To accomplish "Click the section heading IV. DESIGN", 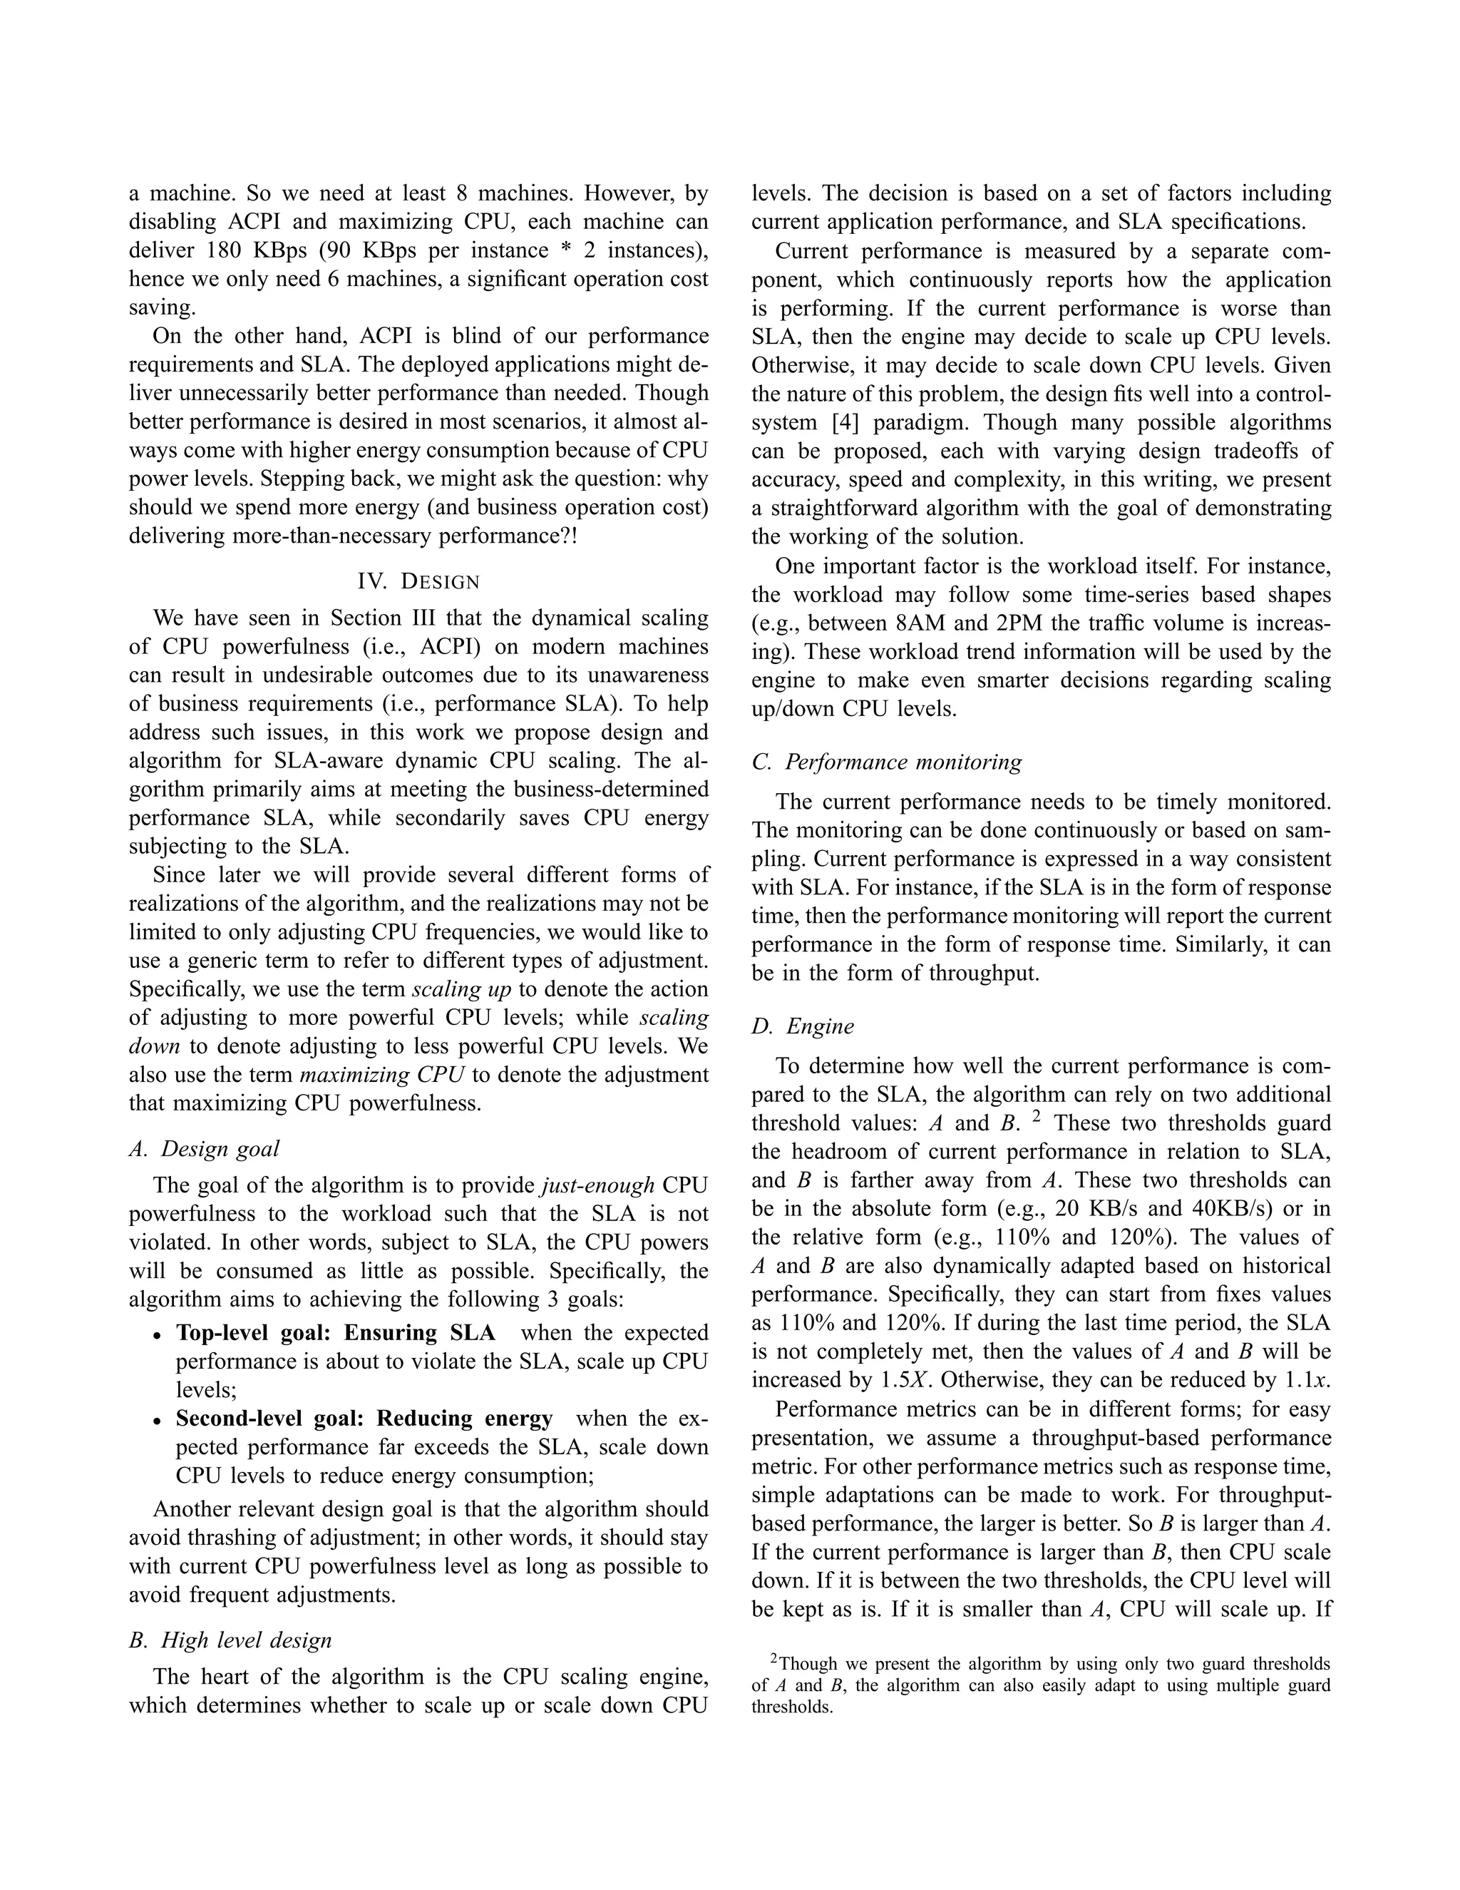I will pos(418,581).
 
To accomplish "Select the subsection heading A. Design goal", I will pos(204,1148).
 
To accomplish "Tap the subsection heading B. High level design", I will pos(230,1640).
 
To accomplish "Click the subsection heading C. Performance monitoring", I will pos(887,762).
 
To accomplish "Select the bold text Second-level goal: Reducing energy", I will pos(364,1419).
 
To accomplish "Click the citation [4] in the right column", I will pos(845,422).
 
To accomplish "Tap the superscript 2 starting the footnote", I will pos(775,1659).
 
